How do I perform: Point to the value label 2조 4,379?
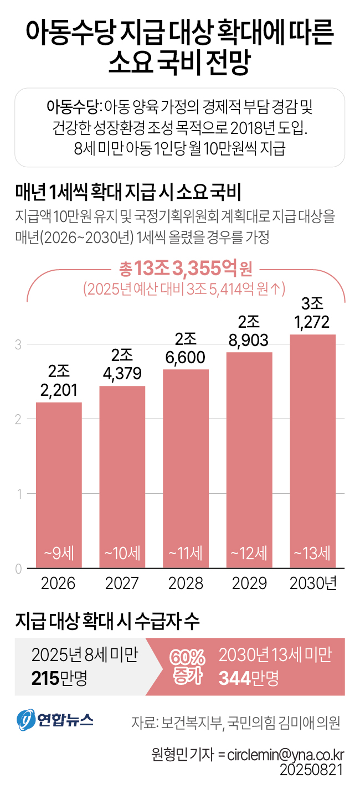122,365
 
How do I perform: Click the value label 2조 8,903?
249,332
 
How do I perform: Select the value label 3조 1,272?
313,313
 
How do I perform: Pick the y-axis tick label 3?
18,344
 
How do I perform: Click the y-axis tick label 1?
18,494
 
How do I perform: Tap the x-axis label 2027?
122,583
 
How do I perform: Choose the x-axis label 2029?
249,583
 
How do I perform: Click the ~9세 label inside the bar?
59,553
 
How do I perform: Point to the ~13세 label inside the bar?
313,553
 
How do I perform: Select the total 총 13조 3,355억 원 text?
186,270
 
